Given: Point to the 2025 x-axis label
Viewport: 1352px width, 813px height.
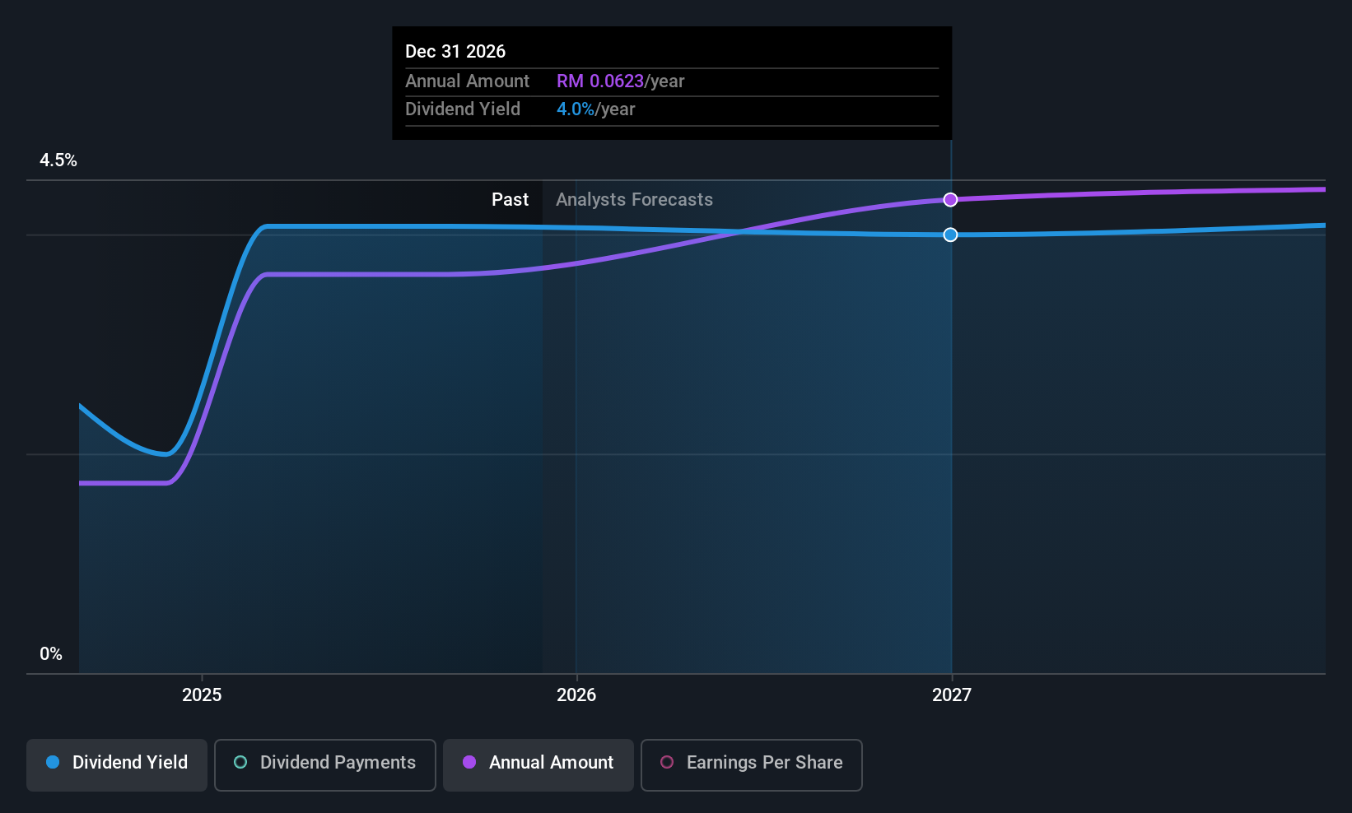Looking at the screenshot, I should (x=202, y=695).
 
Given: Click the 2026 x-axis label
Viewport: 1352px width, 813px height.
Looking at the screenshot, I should (x=576, y=695).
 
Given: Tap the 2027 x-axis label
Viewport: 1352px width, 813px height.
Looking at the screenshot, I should (x=952, y=695).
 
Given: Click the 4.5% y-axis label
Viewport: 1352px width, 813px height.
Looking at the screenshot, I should (x=58, y=160).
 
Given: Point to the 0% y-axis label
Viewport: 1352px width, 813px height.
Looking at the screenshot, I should (x=51, y=654).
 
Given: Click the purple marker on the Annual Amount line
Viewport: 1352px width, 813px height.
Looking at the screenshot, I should (x=950, y=200).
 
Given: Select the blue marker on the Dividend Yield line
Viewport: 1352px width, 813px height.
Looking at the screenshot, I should (x=950, y=235).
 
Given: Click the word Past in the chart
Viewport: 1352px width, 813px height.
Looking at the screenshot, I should (x=510, y=200).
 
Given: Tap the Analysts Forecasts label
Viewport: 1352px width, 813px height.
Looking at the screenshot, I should (x=634, y=200).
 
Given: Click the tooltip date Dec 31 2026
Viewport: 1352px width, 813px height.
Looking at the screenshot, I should (x=455, y=52).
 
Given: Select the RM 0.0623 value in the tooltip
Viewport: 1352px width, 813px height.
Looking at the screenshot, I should (x=600, y=81).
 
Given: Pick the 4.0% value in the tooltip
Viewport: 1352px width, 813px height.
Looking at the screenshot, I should (x=576, y=109).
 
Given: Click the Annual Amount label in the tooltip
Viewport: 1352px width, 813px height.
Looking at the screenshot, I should (x=467, y=81).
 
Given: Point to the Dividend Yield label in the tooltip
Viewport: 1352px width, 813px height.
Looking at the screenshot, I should (x=463, y=109).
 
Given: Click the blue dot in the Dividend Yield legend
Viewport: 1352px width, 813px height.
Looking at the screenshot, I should (x=53, y=763).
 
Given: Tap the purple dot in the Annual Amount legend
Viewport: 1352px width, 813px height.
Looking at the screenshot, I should (x=469, y=763).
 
